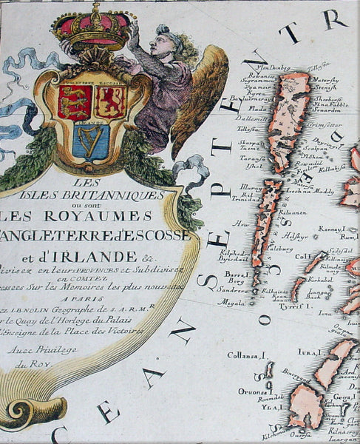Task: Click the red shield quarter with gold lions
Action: (75, 101)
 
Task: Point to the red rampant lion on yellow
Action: (111, 101)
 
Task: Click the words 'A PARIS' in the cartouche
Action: (81, 291)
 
